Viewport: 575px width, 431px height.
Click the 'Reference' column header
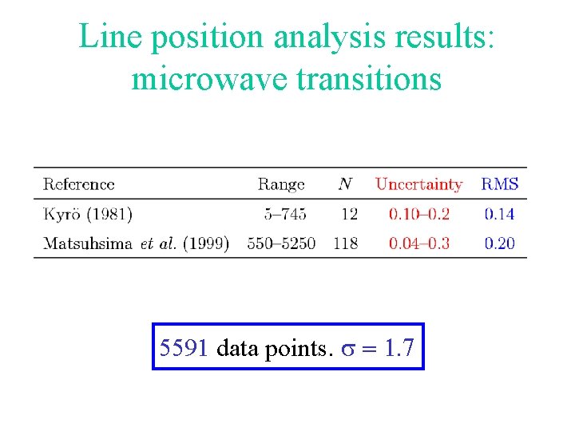coord(79,184)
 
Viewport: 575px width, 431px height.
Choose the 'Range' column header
coord(281,184)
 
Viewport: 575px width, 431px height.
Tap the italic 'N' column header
coord(345,184)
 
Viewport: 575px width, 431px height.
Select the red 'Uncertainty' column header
coord(418,184)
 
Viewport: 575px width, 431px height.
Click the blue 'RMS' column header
coord(500,184)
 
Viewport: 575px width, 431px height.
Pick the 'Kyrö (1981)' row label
coord(88,214)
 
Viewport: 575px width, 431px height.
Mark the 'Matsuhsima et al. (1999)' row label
coord(136,243)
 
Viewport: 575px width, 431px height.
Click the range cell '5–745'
coord(286,214)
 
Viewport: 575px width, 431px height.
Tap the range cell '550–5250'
coord(281,243)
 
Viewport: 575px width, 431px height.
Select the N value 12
coord(349,214)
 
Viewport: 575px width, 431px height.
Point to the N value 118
coord(346,243)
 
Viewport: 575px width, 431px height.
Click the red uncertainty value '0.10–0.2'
coord(419,214)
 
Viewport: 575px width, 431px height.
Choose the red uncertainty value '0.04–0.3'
coord(419,243)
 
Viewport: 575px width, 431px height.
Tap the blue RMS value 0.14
coord(500,214)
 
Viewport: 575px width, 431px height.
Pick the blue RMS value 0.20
coord(500,243)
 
